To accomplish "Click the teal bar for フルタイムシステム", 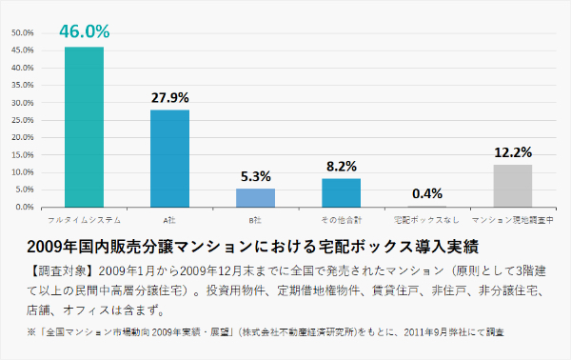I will click(x=84, y=127).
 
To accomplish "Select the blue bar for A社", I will click(x=169, y=158).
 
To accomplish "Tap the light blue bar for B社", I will click(x=255, y=197).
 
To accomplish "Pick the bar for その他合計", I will click(x=341, y=192).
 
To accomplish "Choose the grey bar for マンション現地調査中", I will click(x=512, y=185).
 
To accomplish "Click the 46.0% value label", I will click(x=84, y=31).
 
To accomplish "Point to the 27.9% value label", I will click(x=169, y=97).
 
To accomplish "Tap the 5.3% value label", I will click(x=255, y=175).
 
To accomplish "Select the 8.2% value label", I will click(x=341, y=166).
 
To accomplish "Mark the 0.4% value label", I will click(x=427, y=193).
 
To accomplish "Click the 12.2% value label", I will click(x=512, y=151).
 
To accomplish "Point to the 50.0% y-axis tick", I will click(x=22, y=32).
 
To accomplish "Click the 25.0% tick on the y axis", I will click(x=22, y=120).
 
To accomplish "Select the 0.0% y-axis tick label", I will click(x=24, y=207).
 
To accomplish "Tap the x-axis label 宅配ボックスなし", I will click(x=426, y=220).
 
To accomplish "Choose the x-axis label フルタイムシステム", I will click(x=84, y=220).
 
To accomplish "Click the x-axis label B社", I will click(x=255, y=220).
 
